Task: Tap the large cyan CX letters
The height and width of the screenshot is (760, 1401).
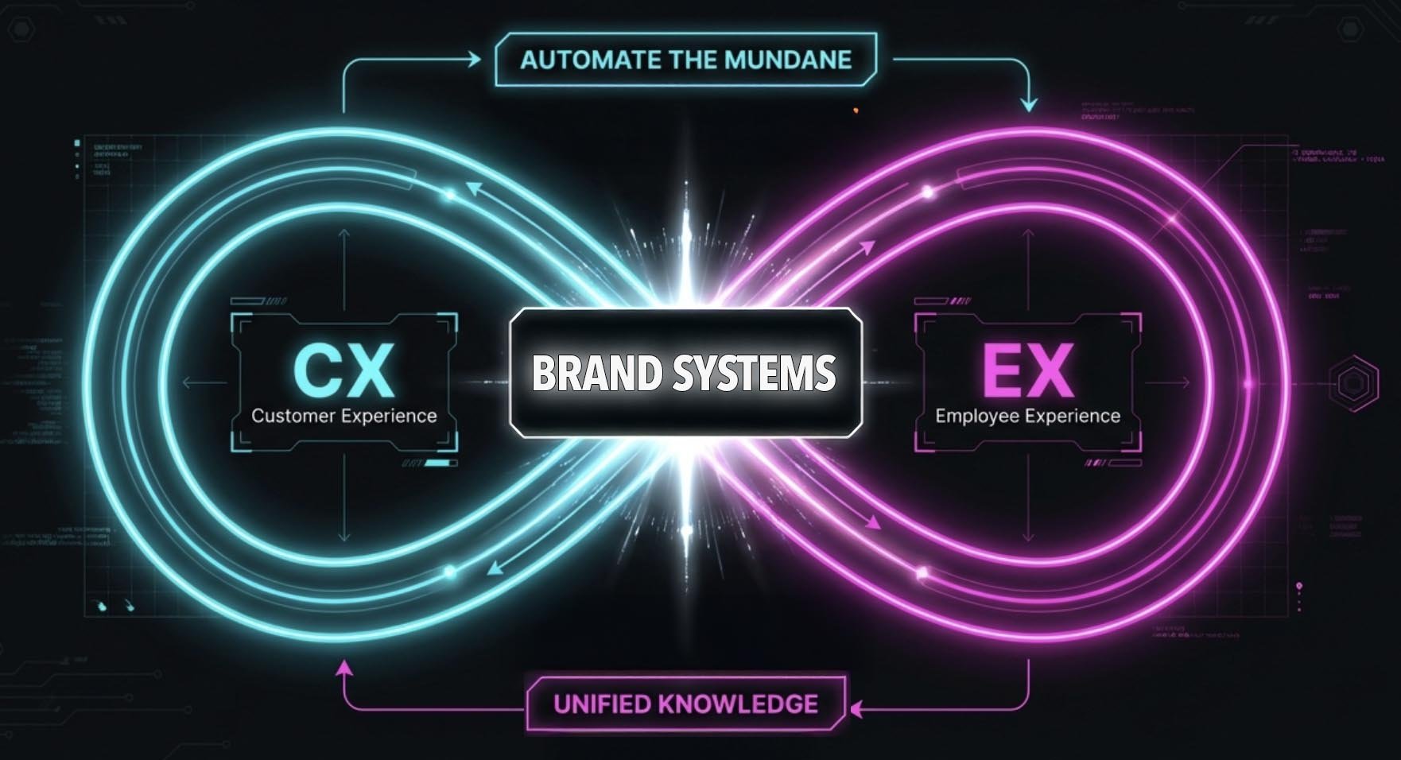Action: [x=343, y=370]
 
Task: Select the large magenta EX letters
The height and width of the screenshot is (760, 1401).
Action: [x=1027, y=370]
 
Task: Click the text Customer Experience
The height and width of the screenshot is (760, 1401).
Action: [x=343, y=416]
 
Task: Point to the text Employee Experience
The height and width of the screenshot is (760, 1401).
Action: [x=1027, y=416]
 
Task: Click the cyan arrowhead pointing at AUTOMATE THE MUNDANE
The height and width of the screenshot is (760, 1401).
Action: [x=475, y=59]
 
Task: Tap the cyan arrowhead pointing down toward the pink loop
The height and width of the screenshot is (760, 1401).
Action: [x=1029, y=103]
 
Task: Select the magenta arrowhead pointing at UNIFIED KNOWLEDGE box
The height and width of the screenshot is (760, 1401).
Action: [x=856, y=708]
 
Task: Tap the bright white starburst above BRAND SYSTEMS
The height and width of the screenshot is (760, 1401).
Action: [x=685, y=238]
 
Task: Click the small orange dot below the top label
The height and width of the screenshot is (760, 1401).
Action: [x=856, y=110]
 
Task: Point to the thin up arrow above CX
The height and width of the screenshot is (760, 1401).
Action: [x=343, y=235]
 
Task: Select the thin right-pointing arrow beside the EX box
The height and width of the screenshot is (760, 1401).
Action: [x=1184, y=383]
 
